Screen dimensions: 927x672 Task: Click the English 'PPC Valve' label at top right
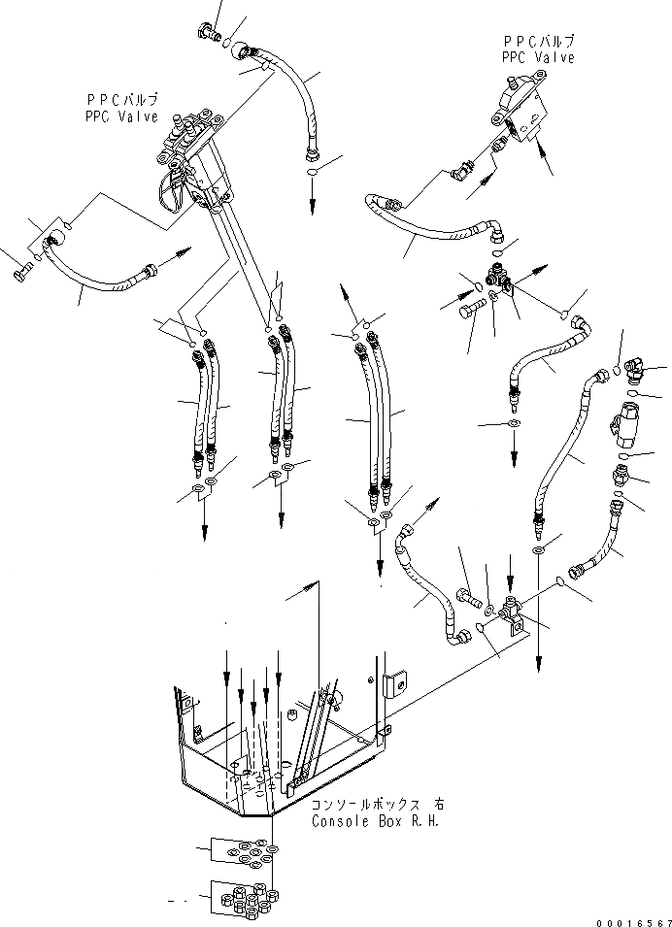coord(538,57)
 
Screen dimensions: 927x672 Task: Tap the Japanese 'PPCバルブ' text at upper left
coord(120,101)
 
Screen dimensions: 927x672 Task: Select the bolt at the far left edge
coord(21,276)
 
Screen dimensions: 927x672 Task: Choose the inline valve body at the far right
coord(622,427)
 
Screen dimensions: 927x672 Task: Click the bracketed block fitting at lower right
coord(510,614)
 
